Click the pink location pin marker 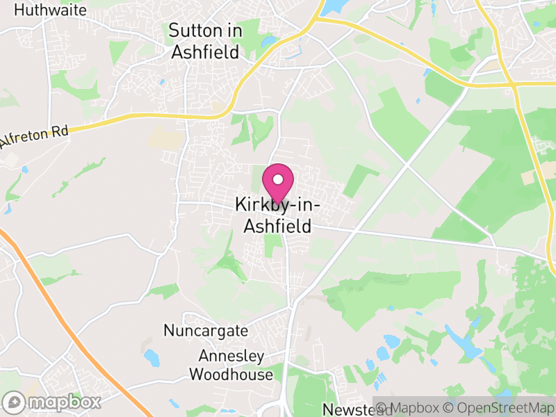(278, 184)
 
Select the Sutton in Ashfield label (205, 41)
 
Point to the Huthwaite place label (50, 10)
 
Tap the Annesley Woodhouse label (231, 366)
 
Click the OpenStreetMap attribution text (502, 407)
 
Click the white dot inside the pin (278, 179)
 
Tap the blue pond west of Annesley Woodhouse (152, 357)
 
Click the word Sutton (196, 31)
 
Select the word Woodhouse (231, 375)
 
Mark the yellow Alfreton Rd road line (139, 120)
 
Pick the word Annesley (231, 357)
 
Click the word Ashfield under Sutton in (205, 51)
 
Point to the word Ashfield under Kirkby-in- (277, 226)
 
